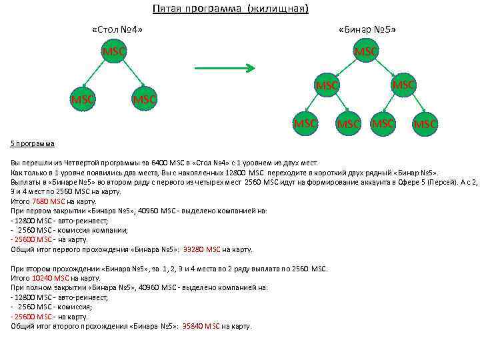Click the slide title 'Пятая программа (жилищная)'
(230, 9)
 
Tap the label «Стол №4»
(117, 30)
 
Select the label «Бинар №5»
(367, 30)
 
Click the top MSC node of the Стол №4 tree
(113, 52)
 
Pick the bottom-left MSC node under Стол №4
(83, 99)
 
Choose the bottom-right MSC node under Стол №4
(144, 99)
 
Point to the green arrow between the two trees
(224, 68)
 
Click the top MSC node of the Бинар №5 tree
(366, 51)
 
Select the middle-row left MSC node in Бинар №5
(327, 85)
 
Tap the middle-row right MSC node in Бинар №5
(403, 85)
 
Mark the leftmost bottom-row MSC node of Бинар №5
(306, 123)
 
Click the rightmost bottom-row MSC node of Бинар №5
(425, 123)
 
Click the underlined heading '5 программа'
(33, 143)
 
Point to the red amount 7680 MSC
(49, 201)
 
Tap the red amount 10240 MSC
(51, 278)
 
